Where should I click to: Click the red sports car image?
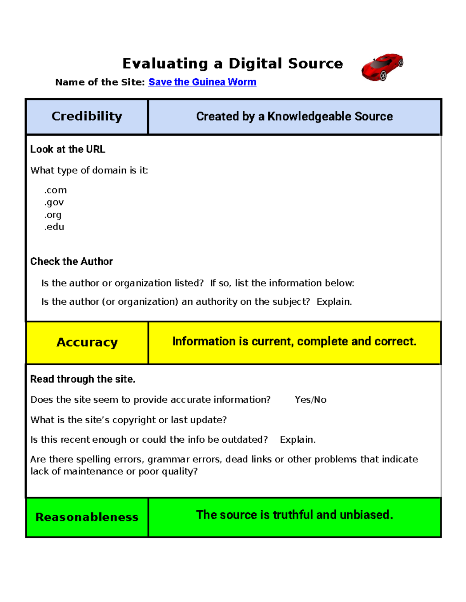click(x=383, y=67)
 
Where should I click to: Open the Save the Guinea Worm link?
click(x=202, y=82)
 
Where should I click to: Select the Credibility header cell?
click(x=87, y=116)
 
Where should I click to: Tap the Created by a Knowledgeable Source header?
click(x=294, y=116)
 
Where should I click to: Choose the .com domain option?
click(x=56, y=190)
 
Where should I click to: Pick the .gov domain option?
click(x=54, y=202)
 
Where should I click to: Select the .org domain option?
click(x=53, y=215)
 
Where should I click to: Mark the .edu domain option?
click(x=54, y=227)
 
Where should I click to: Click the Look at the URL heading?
click(x=68, y=149)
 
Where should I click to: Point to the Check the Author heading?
click(x=71, y=262)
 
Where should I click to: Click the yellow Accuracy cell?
click(x=87, y=342)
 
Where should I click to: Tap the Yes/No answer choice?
click(x=310, y=400)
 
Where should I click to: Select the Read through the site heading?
click(x=83, y=379)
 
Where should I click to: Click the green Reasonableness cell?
click(x=87, y=517)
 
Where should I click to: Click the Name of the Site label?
click(x=100, y=82)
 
